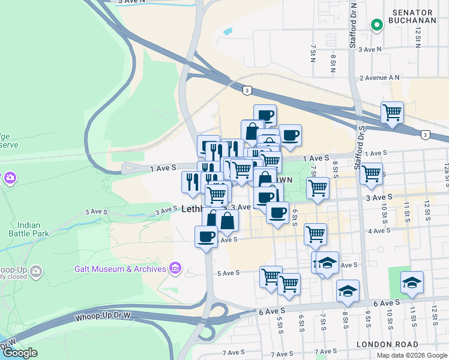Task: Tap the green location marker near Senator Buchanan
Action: pos(376,25)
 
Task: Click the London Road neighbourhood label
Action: pos(386,344)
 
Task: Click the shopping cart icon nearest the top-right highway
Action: pos(392,112)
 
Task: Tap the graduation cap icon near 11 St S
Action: pos(412,282)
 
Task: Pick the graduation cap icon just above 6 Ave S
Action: pos(348,290)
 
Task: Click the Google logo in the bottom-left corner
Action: pos(20,352)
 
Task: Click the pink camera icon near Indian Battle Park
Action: pos(10,178)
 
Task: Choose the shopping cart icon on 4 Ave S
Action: pos(315,233)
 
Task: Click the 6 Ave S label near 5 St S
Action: pos(272,311)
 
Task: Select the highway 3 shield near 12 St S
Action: pos(425,134)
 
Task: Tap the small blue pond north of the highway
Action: pos(227,31)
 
